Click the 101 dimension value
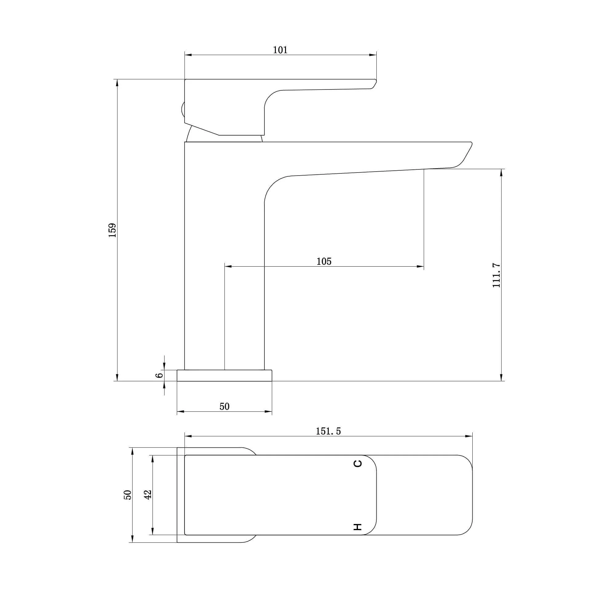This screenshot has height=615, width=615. tap(280, 50)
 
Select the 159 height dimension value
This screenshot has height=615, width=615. tap(113, 230)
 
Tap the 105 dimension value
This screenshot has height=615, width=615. tap(324, 261)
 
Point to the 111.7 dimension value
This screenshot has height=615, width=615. tap(496, 275)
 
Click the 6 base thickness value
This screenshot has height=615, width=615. tap(160, 375)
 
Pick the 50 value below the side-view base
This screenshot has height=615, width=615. tap(224, 407)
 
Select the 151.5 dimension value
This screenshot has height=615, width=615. tap(328, 431)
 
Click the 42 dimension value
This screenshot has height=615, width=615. tap(148, 494)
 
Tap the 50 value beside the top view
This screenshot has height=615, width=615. tap(127, 495)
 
